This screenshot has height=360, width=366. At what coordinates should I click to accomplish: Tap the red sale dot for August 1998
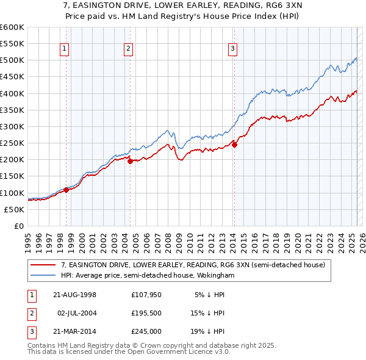[66, 190]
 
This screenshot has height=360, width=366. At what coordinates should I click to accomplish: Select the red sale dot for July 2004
[130, 161]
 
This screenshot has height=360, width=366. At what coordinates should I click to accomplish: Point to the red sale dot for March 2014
[234, 145]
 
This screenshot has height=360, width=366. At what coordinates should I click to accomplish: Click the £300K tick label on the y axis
[12, 126]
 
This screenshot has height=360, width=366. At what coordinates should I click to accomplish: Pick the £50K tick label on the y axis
[13, 209]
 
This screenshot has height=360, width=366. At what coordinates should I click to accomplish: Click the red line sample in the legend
[43, 265]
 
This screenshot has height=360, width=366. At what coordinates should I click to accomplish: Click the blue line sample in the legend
[43, 275]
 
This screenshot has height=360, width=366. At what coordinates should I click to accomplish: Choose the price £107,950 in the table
[145, 295]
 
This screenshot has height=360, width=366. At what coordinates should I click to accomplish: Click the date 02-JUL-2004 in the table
[77, 314]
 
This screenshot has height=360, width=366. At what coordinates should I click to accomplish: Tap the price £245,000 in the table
[145, 333]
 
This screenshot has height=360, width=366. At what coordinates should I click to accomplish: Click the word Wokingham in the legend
[214, 275]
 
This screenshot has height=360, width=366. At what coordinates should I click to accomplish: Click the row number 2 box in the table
[30, 314]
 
